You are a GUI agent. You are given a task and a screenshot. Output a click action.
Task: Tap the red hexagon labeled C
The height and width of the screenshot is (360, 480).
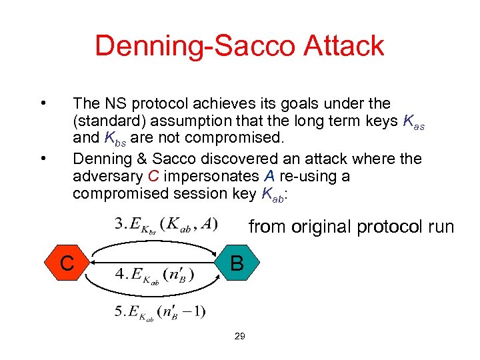tap(67, 263)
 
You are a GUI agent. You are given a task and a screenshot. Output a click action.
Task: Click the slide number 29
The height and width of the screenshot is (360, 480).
tap(239, 336)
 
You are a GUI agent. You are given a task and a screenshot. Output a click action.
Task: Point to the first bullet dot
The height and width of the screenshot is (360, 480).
tap(43, 103)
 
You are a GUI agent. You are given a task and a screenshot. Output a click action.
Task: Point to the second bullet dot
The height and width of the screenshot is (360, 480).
tap(43, 159)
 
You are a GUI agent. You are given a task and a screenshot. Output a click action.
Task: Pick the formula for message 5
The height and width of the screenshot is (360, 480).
tap(160, 311)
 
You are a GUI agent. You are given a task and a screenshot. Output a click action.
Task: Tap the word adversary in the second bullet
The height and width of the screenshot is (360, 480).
tap(107, 177)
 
